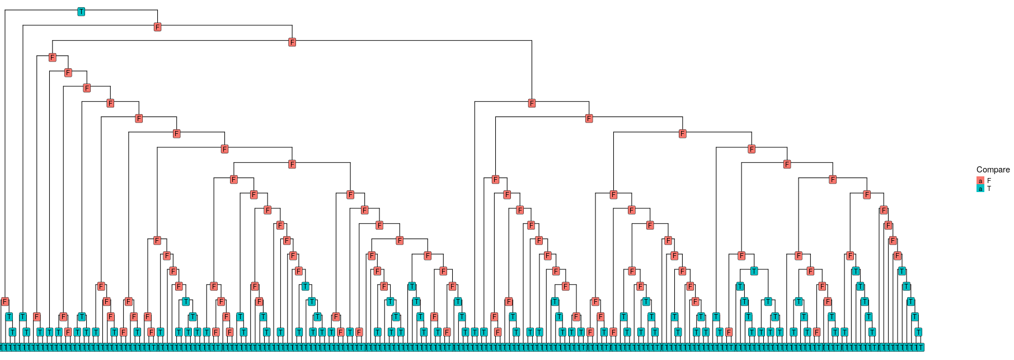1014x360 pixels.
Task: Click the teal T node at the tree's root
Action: [x=81, y=12]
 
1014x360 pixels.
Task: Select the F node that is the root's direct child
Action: [x=157, y=27]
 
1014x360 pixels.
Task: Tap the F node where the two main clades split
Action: [x=292, y=42]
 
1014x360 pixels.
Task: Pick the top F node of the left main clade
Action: [x=52, y=57]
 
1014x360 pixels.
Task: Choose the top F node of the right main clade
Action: [x=532, y=103]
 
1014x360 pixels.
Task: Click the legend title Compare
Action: [x=993, y=170]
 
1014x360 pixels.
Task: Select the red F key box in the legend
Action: [x=980, y=181]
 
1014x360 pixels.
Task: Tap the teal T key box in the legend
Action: [x=980, y=189]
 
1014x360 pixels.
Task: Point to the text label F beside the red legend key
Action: [x=989, y=181]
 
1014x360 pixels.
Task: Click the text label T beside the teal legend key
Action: [x=989, y=189]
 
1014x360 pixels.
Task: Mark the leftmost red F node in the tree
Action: [x=4, y=302]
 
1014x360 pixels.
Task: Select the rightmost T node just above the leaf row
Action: [x=918, y=332]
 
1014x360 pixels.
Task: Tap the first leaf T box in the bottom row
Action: [x=2, y=347]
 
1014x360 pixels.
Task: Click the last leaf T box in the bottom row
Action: [x=921, y=347]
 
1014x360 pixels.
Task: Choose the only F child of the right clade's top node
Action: [x=589, y=118]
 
